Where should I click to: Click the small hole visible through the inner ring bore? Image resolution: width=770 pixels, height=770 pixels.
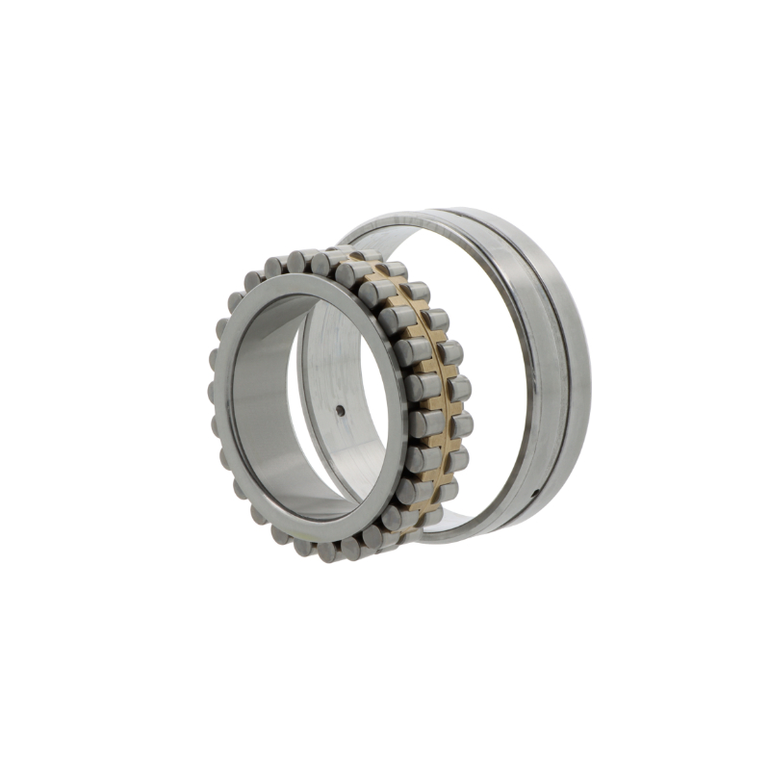(x=340, y=411)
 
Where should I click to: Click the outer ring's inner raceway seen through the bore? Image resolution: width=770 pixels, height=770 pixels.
(x=318, y=366)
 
